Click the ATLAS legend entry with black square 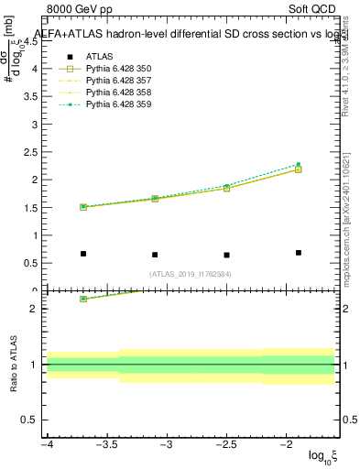point(98,57)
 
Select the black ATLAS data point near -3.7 point(83,254)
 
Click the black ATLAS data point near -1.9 point(299,252)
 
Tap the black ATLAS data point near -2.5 point(226,255)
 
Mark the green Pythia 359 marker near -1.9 point(299,165)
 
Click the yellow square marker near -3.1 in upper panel point(155,198)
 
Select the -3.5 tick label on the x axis point(106,445)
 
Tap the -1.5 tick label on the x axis point(334,445)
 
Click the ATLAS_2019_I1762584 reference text point(190,273)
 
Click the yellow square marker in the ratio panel point(83,299)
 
